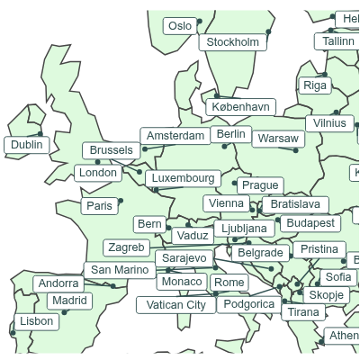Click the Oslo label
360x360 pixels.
point(180,26)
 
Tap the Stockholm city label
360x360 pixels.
point(233,42)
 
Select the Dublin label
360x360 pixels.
point(27,145)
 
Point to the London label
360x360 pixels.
point(98,173)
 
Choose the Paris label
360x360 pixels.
point(100,206)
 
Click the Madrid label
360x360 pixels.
point(69,301)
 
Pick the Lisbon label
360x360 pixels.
point(37,321)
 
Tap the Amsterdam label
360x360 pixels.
point(175,136)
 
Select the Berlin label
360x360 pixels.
point(231,134)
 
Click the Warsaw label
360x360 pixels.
point(277,139)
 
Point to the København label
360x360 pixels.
point(240,107)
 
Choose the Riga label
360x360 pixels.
point(315,85)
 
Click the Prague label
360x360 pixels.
point(260,185)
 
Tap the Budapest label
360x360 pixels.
point(310,222)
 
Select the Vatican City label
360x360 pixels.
point(176,305)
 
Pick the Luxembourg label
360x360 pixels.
point(184,178)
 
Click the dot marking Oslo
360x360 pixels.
point(200,21)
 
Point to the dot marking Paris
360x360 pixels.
point(121,201)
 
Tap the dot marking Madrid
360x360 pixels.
point(65,312)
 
